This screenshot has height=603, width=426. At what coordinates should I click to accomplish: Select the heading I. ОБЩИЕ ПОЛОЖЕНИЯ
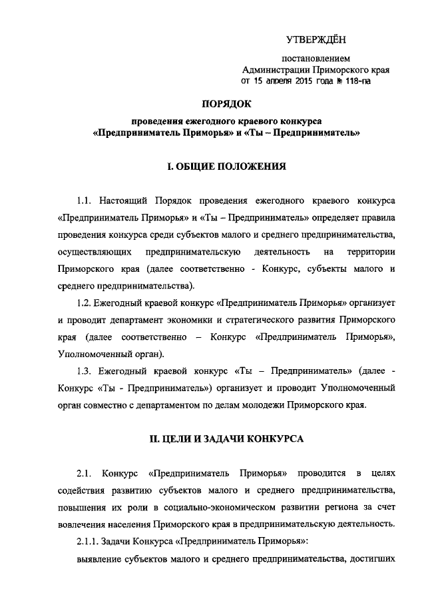[226, 167]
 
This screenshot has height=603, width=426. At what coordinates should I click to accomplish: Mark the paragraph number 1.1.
[87, 201]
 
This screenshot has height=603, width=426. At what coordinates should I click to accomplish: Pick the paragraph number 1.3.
[87, 370]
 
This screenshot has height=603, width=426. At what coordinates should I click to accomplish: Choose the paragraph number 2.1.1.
[90, 540]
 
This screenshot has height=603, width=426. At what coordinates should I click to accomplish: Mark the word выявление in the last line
[98, 558]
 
